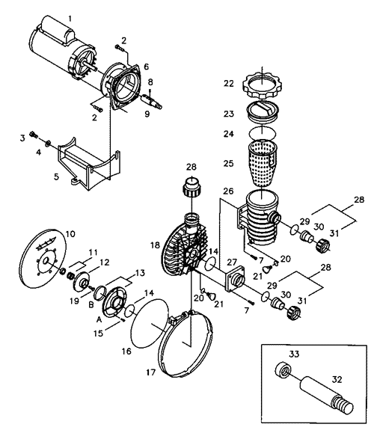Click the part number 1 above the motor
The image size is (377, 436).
pos(70,19)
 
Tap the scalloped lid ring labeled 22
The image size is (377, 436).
pos(262,86)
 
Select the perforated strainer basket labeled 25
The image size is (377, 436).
pos(262,163)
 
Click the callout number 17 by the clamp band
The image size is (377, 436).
pos(151,372)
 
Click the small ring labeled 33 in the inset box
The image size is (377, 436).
pos(283,370)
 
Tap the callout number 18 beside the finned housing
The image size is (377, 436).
pos(155,245)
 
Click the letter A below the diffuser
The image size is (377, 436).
pos(99,320)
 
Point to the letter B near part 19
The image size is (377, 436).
pos(91,305)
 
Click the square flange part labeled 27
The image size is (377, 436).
pos(235,279)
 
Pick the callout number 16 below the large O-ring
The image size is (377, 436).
pos(126,351)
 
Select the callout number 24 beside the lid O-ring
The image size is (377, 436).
pos(229,134)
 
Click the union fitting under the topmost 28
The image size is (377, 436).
pos(191,187)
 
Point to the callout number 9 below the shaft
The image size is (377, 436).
pos(147,114)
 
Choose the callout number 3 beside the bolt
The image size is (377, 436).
pos(22,138)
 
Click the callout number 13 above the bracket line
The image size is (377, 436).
pos(140,273)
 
